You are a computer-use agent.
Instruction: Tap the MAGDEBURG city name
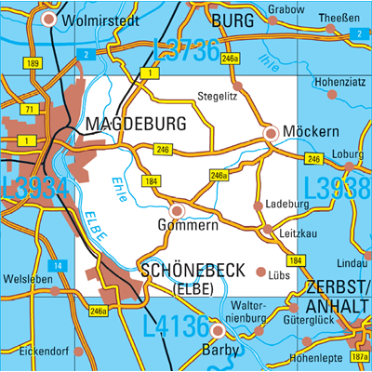135,123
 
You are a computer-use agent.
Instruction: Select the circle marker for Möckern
271,134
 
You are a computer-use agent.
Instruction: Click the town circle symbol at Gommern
177,210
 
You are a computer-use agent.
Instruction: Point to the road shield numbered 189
33,63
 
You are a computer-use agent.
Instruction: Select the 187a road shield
360,357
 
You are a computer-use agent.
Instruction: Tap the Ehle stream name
118,190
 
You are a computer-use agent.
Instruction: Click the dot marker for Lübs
260,272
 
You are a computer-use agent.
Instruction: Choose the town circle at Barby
219,330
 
